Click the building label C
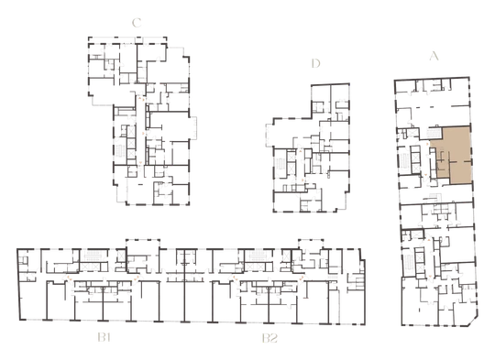pyautogui.click(x=137, y=23)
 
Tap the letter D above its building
pyautogui.click(x=315, y=63)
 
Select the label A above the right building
pyautogui.click(x=434, y=56)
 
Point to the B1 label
pyautogui.click(x=104, y=338)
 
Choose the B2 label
pyautogui.click(x=269, y=338)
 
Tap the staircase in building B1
pyautogui.click(x=94, y=256)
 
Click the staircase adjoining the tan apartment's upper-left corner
pyautogui.click(x=434, y=133)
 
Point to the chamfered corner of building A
pyautogui.click(x=474, y=321)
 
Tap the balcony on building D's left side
pyautogui.click(x=269, y=136)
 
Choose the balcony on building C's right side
pyautogui.click(x=192, y=128)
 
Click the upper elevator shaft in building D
pyautogui.click(x=291, y=157)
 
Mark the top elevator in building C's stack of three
pyautogui.click(x=131, y=131)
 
